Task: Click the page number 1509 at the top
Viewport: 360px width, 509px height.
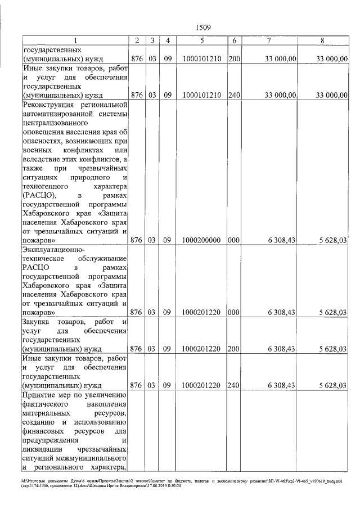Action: pos(203,26)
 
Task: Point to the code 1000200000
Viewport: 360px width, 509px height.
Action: pos(201,240)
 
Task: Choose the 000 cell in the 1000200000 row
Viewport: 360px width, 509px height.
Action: pos(234,240)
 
